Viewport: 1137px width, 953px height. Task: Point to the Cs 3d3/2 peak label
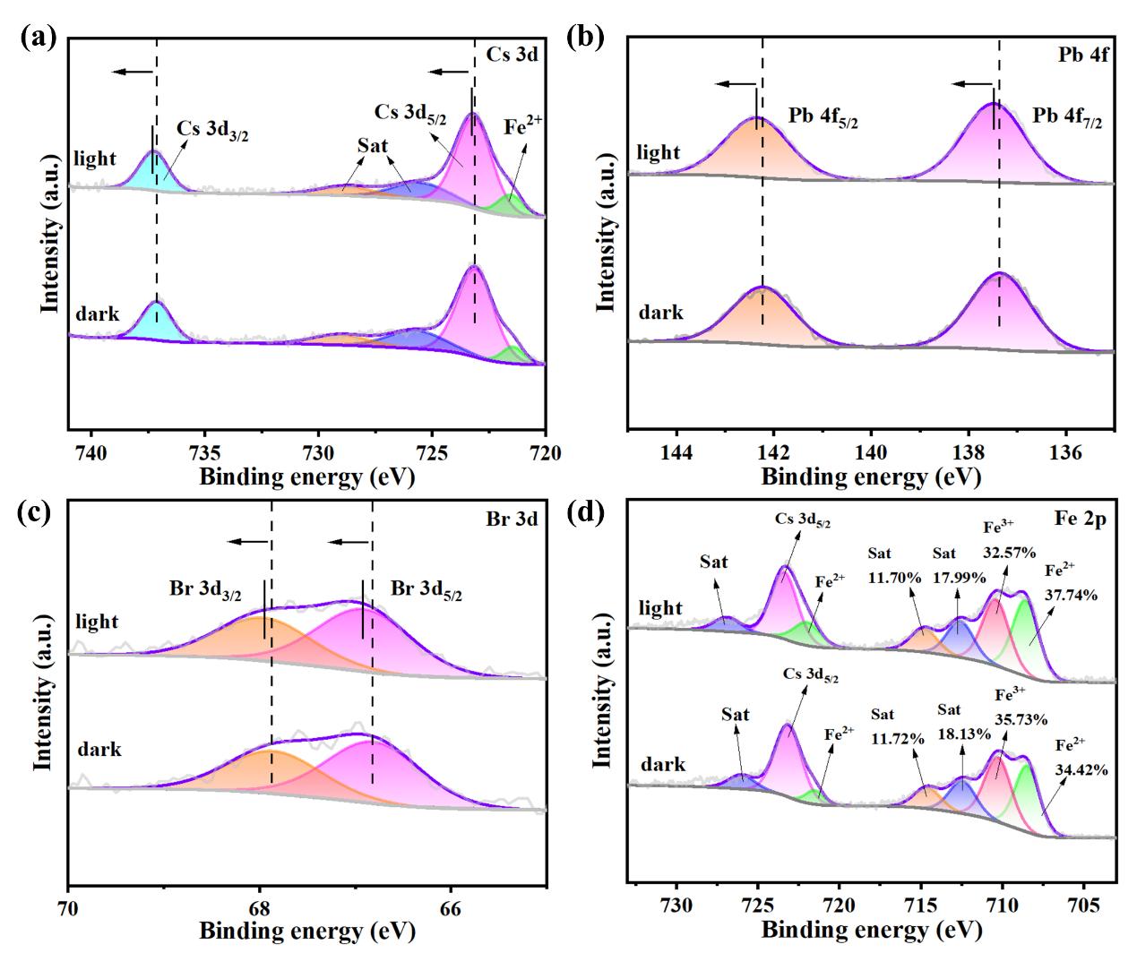(212, 129)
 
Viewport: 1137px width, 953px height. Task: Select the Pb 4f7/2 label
(1067, 117)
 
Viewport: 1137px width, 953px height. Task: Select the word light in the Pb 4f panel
(659, 152)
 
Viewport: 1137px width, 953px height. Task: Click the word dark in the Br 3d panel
(99, 749)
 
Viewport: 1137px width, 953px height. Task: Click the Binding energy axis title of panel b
(869, 476)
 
